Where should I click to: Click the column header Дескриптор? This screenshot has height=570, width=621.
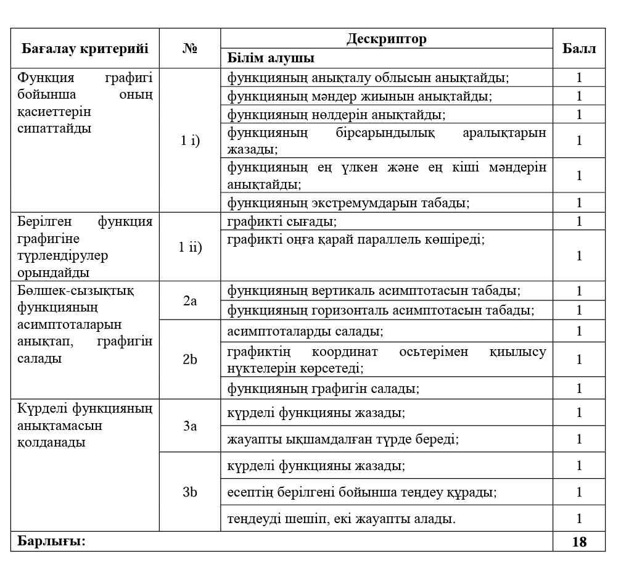(x=387, y=39)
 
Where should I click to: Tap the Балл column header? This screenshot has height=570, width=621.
(x=579, y=49)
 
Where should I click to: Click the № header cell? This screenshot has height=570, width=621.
(x=190, y=49)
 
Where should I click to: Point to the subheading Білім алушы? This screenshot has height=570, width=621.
(x=271, y=59)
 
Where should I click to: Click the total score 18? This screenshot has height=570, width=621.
(x=579, y=542)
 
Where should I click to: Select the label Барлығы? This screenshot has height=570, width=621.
(x=51, y=542)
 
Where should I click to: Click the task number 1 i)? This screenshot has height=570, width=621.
(x=190, y=140)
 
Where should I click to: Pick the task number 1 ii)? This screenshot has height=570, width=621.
(x=190, y=247)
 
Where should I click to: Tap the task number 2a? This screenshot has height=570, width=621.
(x=190, y=300)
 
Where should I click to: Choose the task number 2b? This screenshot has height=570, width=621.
(x=190, y=359)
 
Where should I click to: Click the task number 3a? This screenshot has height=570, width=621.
(x=190, y=426)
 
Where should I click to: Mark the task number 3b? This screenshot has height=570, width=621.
(x=190, y=492)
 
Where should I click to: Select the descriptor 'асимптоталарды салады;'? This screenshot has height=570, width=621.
(x=305, y=331)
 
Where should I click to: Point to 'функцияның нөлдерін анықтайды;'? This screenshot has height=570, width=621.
(x=337, y=115)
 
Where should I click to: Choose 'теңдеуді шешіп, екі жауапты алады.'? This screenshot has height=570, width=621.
(x=342, y=519)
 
